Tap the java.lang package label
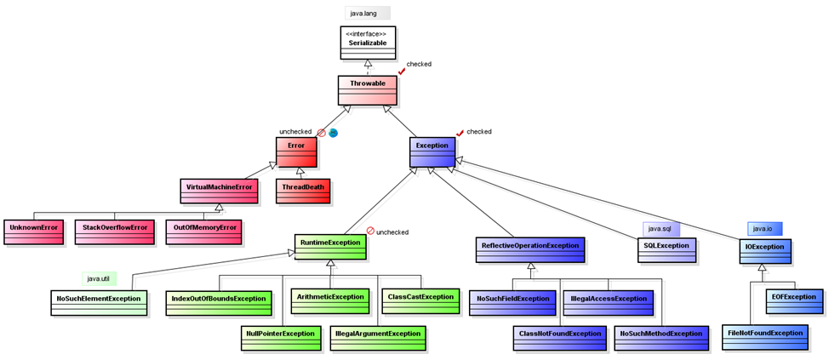367,13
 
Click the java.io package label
764,228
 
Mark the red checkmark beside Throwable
401,71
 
